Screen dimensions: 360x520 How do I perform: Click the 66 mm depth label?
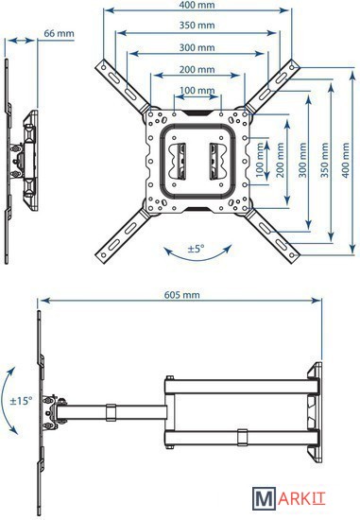(59, 33)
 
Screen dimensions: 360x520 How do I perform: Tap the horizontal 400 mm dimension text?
(197, 5)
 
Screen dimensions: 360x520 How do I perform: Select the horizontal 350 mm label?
(197, 26)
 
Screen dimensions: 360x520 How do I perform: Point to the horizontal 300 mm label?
(197, 47)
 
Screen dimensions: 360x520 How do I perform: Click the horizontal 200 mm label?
(197, 69)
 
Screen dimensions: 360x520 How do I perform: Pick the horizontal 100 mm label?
(197, 90)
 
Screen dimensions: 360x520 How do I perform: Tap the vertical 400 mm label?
(346, 161)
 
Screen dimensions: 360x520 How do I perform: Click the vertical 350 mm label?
(324, 161)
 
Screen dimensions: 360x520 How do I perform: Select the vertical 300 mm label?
(302, 161)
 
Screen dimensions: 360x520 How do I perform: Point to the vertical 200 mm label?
(281, 161)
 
